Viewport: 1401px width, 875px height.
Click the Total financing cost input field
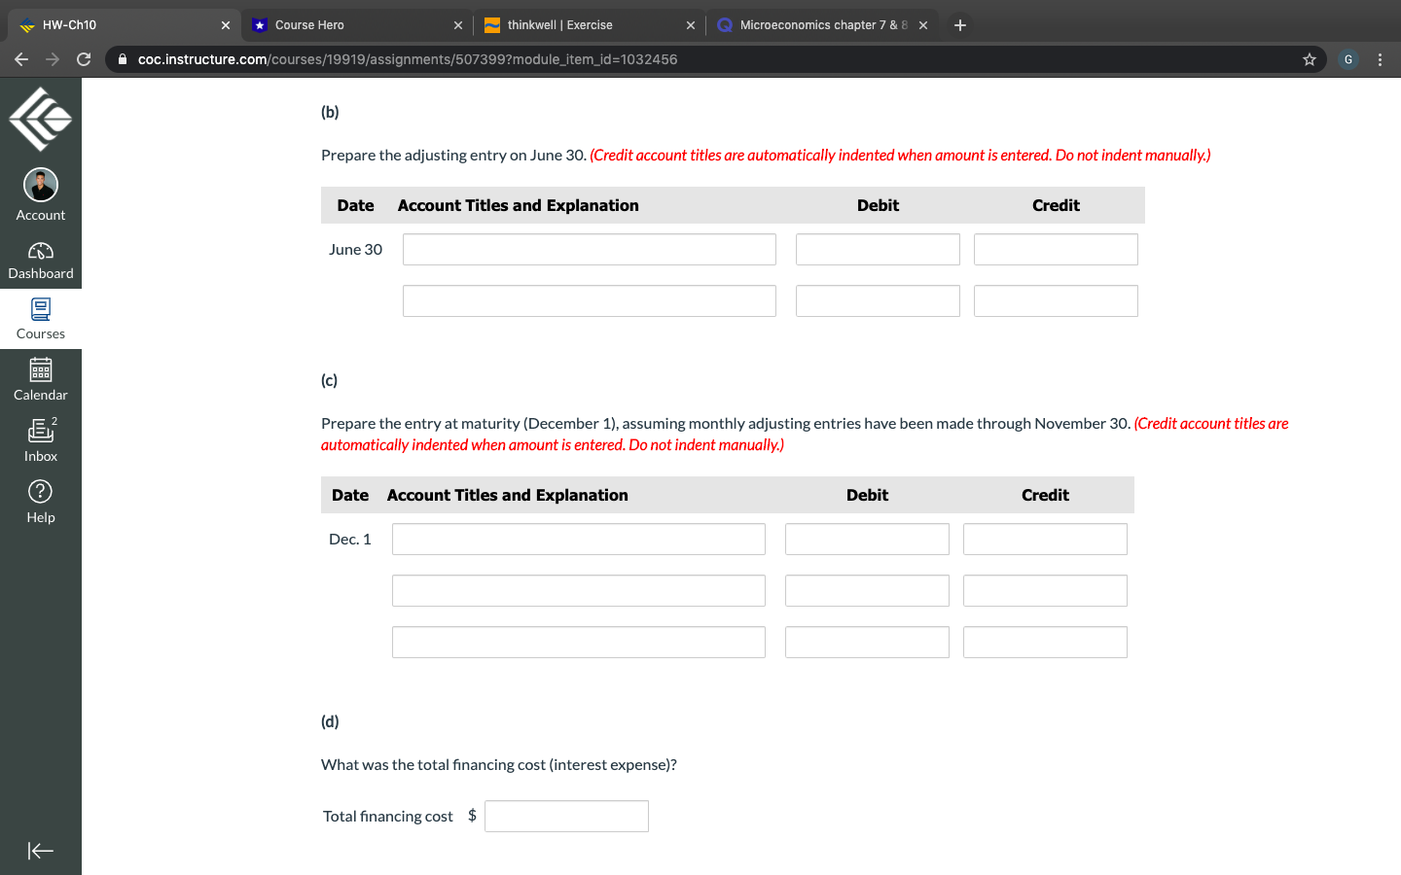tap(566, 816)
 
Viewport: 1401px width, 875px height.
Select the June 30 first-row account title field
tap(589, 250)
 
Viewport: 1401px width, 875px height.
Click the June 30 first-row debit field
tap(877, 250)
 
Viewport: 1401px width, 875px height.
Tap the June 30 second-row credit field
tap(1055, 301)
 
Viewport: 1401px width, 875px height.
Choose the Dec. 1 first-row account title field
tap(578, 540)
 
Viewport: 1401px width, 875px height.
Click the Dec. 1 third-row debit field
tap(866, 643)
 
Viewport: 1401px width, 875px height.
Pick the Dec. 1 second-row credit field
tap(1044, 591)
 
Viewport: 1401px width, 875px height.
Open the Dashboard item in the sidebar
tap(41, 261)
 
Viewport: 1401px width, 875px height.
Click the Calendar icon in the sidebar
tap(41, 370)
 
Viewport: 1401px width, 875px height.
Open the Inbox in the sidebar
tap(41, 439)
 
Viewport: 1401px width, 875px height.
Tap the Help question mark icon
tap(41, 492)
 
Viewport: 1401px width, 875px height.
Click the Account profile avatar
tap(41, 185)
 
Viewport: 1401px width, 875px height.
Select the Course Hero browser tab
tap(350, 25)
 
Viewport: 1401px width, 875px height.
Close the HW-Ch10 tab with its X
tap(226, 25)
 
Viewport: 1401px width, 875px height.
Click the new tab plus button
tap(960, 25)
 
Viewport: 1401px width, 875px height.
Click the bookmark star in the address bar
tap(1310, 59)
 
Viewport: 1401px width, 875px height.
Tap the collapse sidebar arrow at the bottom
tap(41, 851)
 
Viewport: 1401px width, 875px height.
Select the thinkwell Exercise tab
tap(584, 25)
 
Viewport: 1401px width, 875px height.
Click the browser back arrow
tap(21, 59)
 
